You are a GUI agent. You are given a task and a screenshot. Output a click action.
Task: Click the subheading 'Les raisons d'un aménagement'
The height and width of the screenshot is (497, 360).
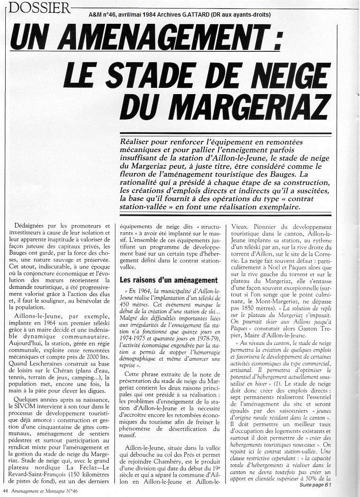pyautogui.click(x=169, y=280)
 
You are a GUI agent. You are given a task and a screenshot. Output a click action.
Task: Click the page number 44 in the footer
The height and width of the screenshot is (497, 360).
pyautogui.click(x=6, y=491)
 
